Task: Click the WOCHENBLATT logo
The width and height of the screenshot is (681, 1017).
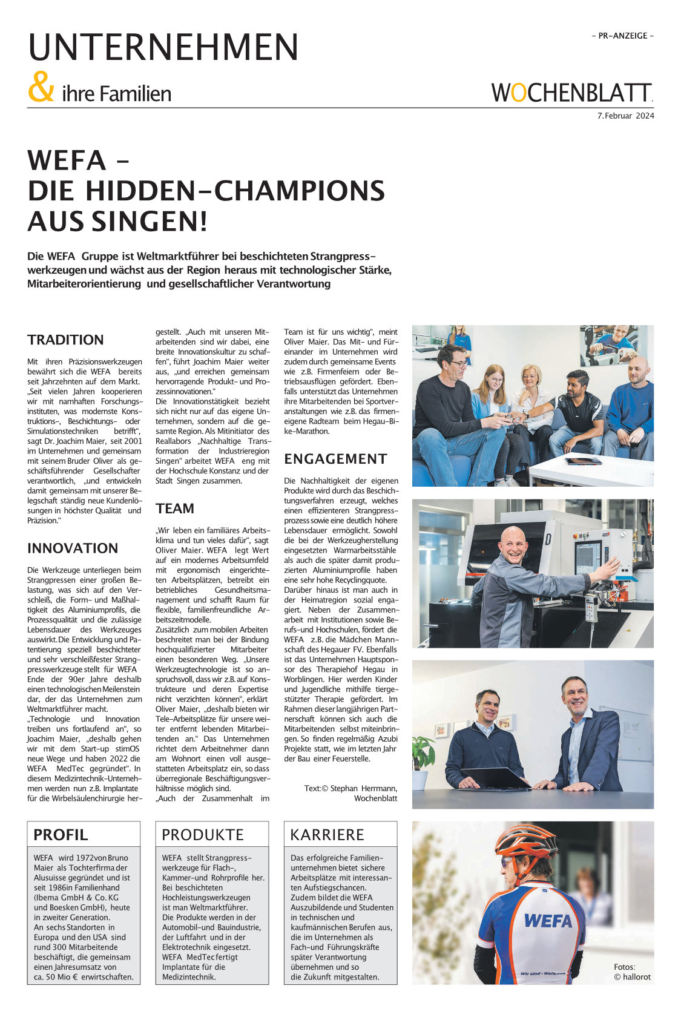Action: (x=571, y=93)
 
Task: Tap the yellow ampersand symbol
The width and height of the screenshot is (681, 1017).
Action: (x=41, y=88)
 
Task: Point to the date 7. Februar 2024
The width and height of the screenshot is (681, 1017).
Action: (x=625, y=116)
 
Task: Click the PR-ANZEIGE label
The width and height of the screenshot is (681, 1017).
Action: (x=622, y=36)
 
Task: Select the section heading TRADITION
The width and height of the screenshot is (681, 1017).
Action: (x=65, y=340)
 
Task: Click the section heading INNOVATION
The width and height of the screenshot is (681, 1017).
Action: (x=73, y=548)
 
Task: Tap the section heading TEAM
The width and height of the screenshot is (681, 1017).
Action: (x=175, y=508)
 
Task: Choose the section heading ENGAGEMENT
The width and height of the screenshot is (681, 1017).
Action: (x=335, y=459)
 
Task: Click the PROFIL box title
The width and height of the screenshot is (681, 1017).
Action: (x=61, y=835)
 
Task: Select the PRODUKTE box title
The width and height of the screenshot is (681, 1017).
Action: (x=202, y=835)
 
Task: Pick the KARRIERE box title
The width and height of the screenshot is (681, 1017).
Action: (x=327, y=835)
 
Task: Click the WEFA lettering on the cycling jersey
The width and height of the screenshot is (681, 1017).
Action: (x=548, y=921)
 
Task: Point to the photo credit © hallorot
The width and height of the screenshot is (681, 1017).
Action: (x=632, y=977)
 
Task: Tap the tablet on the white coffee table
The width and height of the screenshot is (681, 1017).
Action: (x=583, y=461)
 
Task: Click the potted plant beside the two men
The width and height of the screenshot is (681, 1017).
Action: (x=422, y=757)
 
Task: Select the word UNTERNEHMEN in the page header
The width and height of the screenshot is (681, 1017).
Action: (x=163, y=47)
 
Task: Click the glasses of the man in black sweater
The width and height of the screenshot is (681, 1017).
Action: (x=458, y=364)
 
